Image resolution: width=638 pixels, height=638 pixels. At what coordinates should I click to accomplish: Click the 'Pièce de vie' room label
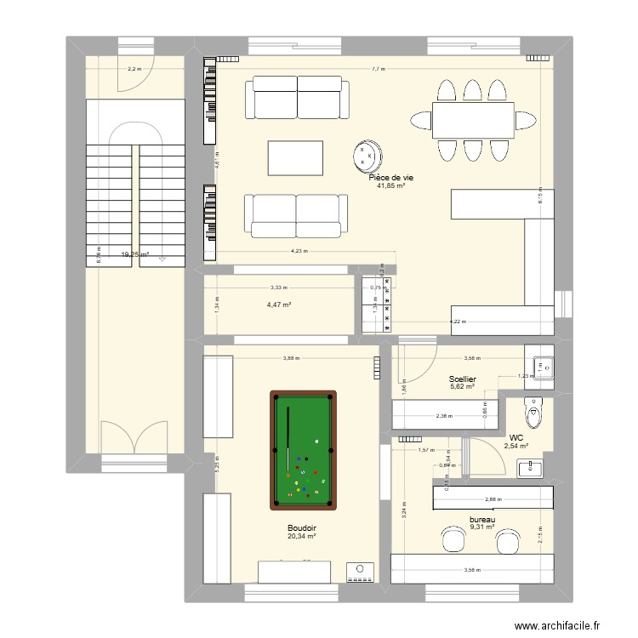click(x=391, y=177)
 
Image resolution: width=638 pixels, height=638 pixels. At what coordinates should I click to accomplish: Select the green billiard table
click(x=303, y=449)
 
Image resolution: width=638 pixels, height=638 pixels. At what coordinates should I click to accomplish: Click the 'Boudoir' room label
click(x=301, y=527)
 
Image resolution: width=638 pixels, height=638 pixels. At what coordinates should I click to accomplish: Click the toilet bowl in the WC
click(x=533, y=414)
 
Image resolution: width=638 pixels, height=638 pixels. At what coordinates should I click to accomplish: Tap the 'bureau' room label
click(x=482, y=520)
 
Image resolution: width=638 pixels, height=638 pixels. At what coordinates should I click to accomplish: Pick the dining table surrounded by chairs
click(x=473, y=120)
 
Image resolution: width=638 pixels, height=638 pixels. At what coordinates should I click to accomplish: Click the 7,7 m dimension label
click(x=379, y=69)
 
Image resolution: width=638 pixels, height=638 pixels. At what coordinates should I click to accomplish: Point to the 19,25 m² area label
click(x=134, y=253)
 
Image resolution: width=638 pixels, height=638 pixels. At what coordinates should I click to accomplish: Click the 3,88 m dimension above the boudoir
click(x=292, y=358)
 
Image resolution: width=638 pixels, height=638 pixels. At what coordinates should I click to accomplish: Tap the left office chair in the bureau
click(x=451, y=538)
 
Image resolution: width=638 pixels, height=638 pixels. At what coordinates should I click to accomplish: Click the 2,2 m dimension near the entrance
click(x=134, y=69)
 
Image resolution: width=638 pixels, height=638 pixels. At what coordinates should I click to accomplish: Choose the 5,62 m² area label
click(x=463, y=388)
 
